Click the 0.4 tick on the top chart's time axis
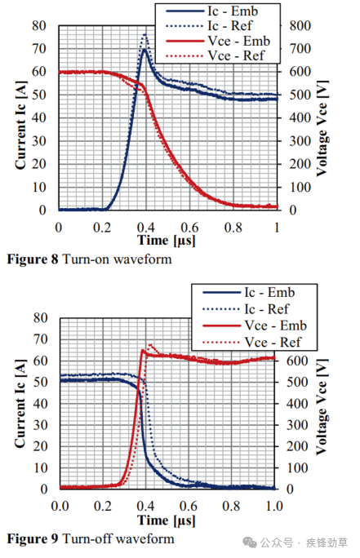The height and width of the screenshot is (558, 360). (145, 225)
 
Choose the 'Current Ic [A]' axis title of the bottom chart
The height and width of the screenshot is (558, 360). (20, 402)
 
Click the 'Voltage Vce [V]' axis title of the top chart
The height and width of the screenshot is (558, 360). (322, 119)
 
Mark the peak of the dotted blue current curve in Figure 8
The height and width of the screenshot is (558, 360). (145, 35)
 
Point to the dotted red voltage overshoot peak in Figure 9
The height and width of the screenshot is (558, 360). (151, 345)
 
